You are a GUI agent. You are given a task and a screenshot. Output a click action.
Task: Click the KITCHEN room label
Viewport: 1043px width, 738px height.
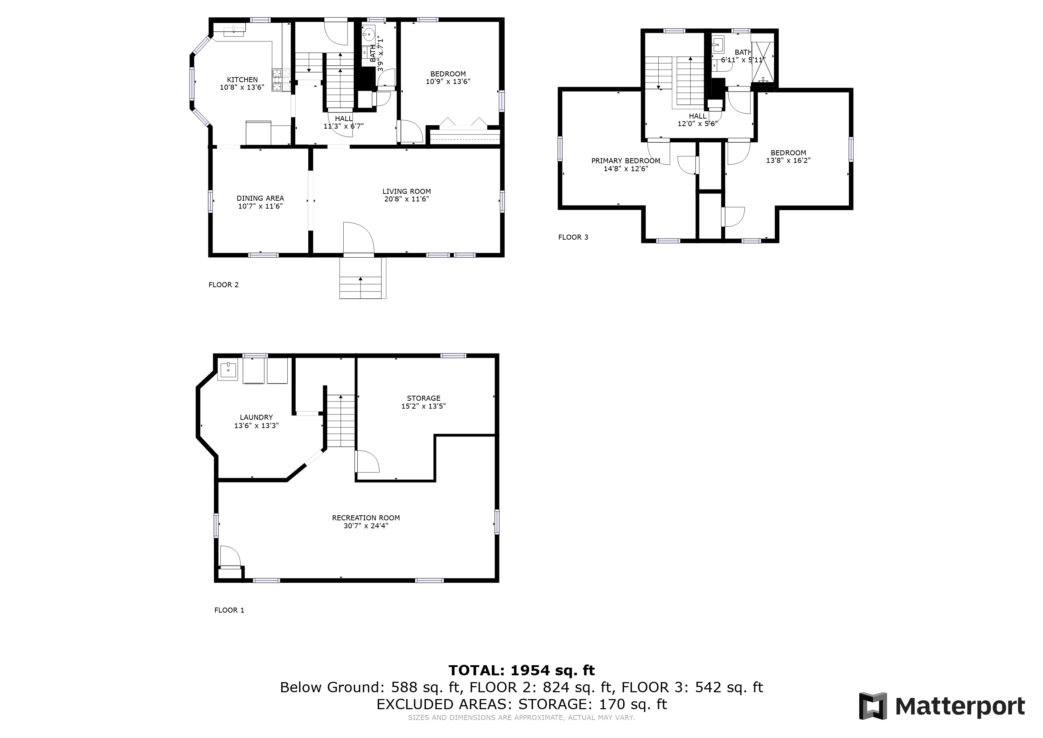tap(242, 80)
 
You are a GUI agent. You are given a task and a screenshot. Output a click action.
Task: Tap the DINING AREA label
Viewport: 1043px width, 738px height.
tap(260, 198)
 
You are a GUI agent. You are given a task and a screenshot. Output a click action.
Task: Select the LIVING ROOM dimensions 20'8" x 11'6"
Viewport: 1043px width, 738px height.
tap(407, 199)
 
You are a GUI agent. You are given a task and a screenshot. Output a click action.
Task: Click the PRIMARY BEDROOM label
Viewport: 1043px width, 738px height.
tap(626, 161)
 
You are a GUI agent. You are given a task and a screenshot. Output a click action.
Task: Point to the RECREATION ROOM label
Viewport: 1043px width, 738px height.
tap(366, 517)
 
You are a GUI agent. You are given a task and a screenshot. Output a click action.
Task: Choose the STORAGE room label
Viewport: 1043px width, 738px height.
tap(424, 398)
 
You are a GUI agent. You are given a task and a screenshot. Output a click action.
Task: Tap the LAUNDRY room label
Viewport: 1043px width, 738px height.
tap(256, 417)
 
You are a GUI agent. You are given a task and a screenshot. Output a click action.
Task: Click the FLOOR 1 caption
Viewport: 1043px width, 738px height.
tap(229, 610)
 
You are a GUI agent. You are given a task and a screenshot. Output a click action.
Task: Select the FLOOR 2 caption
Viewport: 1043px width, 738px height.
tap(223, 284)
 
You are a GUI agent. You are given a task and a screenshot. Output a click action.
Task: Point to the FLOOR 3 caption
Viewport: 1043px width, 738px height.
tap(573, 237)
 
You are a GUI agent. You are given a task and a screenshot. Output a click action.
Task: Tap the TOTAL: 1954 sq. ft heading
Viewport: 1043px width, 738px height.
tap(521, 670)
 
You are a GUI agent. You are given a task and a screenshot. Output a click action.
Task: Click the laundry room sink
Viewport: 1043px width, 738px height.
tap(228, 370)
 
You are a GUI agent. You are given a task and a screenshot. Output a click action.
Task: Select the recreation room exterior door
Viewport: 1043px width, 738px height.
tap(229, 557)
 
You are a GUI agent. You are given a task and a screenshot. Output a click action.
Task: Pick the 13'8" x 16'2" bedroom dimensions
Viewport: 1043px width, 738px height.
tap(788, 160)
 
